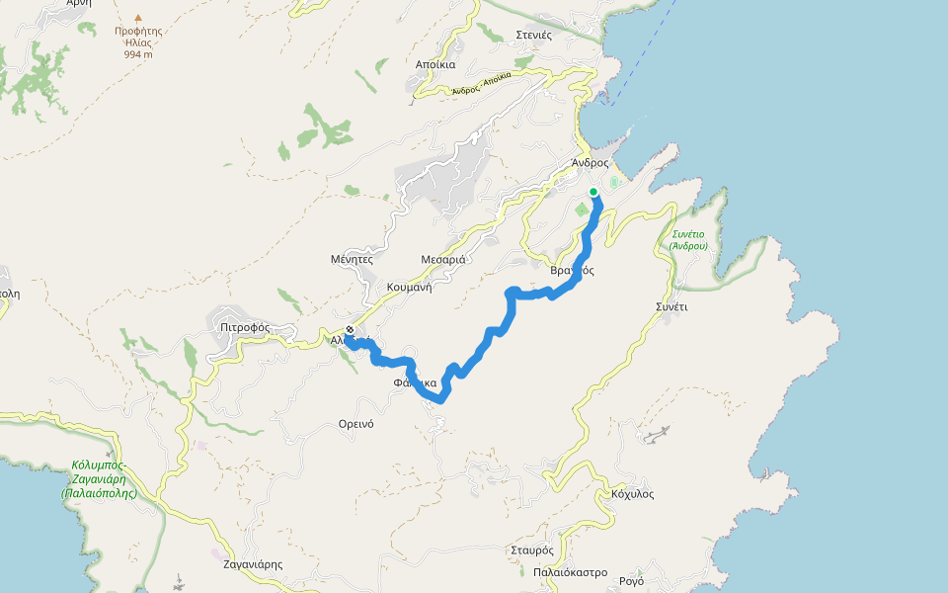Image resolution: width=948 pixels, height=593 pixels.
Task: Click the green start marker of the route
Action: click(x=593, y=192)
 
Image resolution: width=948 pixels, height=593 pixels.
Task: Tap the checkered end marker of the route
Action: click(x=350, y=330)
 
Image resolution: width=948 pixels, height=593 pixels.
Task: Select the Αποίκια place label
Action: click(x=435, y=64)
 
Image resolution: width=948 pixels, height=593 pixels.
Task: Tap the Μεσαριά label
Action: click(x=443, y=259)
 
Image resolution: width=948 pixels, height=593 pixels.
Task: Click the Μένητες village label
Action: click(x=352, y=259)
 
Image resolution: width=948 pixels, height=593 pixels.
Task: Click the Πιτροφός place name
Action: click(x=246, y=327)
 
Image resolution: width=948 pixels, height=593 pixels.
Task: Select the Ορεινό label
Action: click(x=355, y=423)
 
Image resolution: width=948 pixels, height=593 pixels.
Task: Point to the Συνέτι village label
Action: click(x=671, y=306)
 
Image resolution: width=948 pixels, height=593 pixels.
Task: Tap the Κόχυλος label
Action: click(x=633, y=493)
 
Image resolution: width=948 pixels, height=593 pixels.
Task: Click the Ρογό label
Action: click(x=631, y=580)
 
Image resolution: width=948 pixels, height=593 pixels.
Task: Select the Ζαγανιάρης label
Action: click(x=254, y=564)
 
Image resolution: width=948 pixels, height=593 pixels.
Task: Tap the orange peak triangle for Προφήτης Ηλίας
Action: click(x=138, y=18)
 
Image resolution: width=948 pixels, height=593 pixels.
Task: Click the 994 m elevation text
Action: click(x=138, y=54)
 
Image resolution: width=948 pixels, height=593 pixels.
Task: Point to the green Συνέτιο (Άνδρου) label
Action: click(x=687, y=239)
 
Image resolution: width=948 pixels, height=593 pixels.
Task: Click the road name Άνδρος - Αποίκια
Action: click(x=482, y=83)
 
